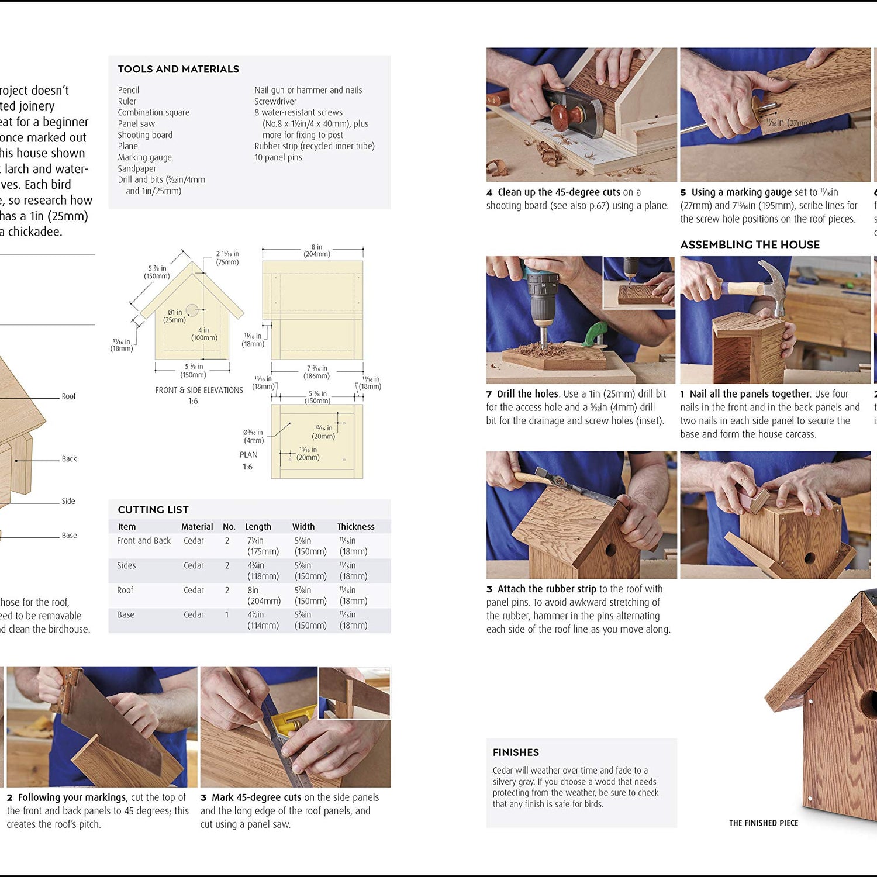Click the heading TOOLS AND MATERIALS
tap(178, 69)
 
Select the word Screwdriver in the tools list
tap(275, 101)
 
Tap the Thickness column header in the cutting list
tap(355, 526)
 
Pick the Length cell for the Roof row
tap(264, 595)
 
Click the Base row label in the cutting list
tap(126, 614)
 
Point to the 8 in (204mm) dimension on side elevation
tap(316, 250)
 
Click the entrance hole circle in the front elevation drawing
tap(192, 310)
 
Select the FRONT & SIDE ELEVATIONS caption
tap(199, 390)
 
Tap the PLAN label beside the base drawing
tap(248, 454)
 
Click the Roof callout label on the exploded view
tap(68, 396)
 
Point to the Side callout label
tap(68, 501)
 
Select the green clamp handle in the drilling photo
tap(595, 333)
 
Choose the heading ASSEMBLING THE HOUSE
tap(750, 244)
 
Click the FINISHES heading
tap(516, 752)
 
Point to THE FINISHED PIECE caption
tap(763, 823)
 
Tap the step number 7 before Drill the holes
tap(489, 394)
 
